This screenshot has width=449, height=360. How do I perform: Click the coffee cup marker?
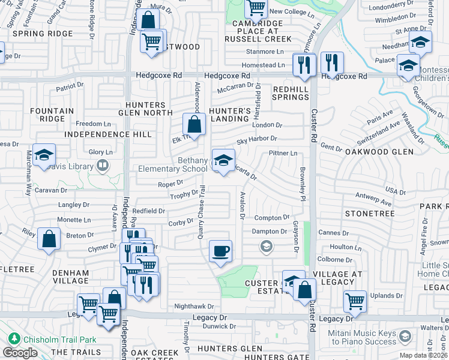click(x=221, y=251)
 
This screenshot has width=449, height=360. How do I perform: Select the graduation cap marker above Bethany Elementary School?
click(x=223, y=160)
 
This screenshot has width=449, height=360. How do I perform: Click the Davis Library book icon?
click(x=103, y=164)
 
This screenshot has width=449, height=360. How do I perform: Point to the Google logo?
click(x=20, y=353)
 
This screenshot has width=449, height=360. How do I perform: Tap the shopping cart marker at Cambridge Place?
click(x=256, y=9)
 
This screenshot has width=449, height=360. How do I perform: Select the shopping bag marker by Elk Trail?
click(x=194, y=126)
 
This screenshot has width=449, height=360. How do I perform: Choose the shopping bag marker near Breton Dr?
click(x=49, y=239)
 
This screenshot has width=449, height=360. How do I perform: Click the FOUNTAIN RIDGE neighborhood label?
click(x=52, y=115)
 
